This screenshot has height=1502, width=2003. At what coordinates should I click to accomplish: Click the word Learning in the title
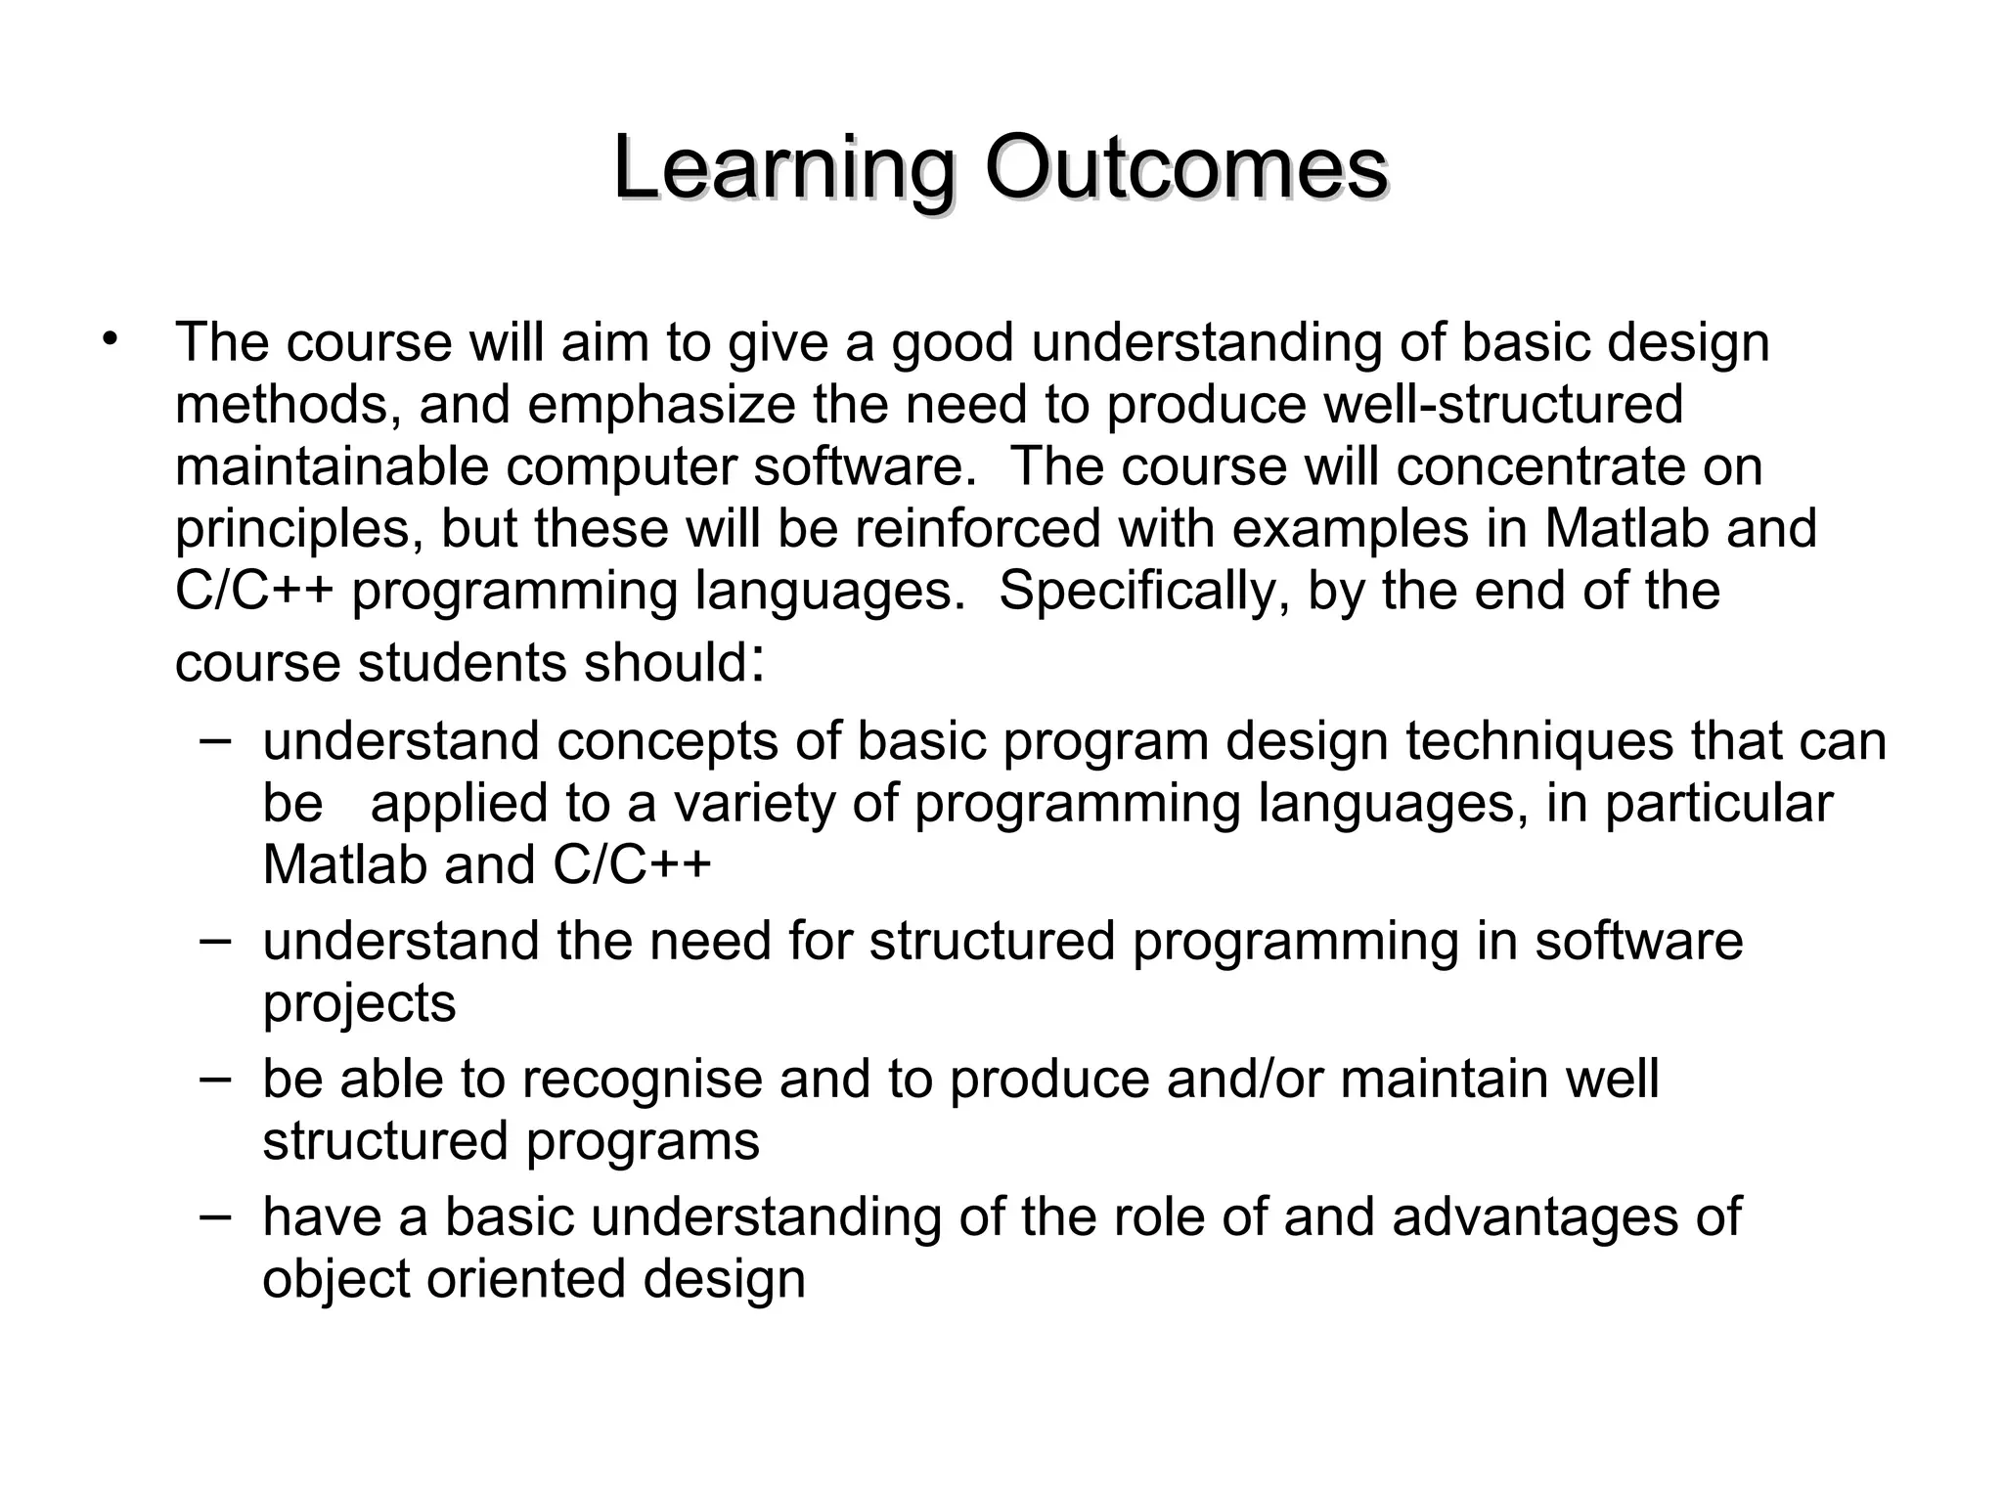[782, 168]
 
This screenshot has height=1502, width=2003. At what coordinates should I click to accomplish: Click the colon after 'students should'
[755, 665]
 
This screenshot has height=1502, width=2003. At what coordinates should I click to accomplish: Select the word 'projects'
[359, 1003]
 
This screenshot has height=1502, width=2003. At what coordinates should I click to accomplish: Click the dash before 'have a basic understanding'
[214, 1215]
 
